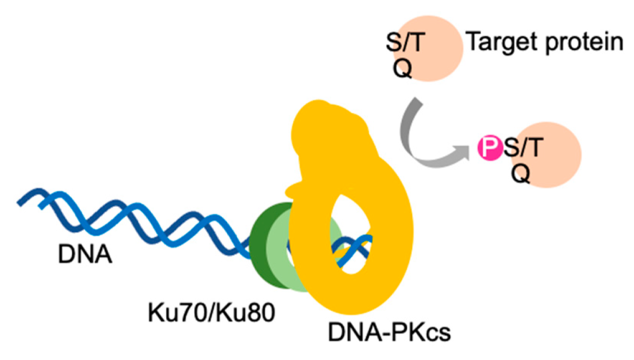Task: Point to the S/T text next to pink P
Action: (519, 149)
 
